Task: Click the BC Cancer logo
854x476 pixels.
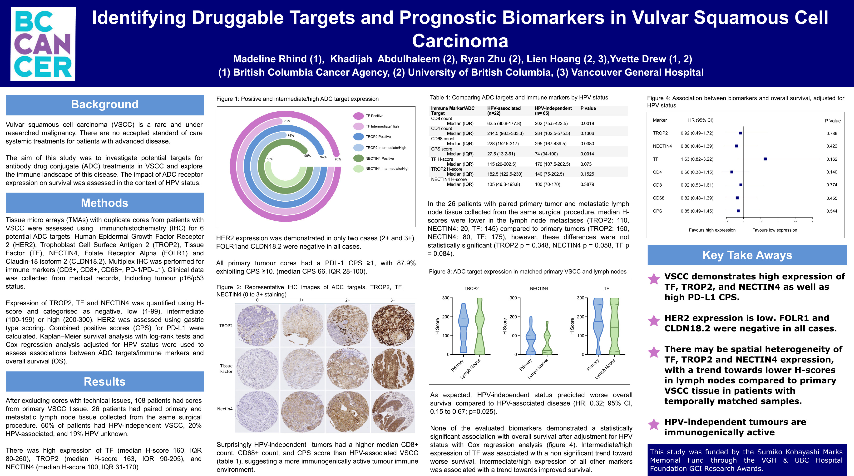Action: point(43,44)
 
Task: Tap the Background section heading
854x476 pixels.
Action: point(104,104)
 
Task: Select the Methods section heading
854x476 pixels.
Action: point(104,203)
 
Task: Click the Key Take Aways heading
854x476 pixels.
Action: point(747,255)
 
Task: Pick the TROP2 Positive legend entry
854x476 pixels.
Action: point(378,137)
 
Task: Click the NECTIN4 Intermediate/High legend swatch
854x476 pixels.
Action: point(358,169)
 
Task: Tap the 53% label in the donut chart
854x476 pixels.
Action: point(270,159)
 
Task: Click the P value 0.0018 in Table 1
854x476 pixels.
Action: point(587,123)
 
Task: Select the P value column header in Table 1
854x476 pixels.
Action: point(588,109)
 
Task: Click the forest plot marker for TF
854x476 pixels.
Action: point(765,159)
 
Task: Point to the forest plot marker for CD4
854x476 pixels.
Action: point(732,172)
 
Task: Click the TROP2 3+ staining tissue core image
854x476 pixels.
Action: point(393,325)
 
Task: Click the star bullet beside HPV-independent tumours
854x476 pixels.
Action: point(654,424)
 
